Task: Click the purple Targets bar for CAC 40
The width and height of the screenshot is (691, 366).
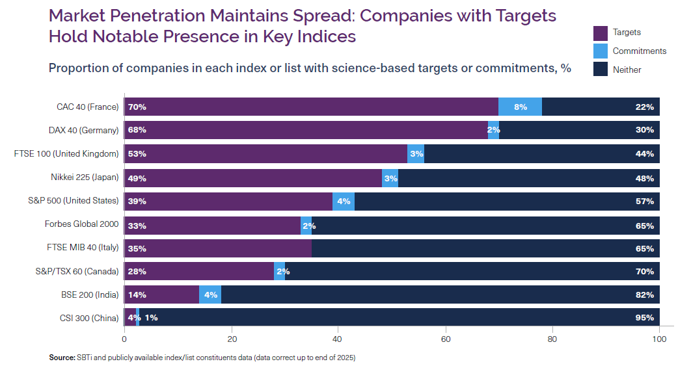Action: click(311, 107)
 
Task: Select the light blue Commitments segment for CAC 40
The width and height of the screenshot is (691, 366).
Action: click(520, 107)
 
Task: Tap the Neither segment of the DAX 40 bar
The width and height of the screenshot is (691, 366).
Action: click(579, 130)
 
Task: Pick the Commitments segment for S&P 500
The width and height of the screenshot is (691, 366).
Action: click(344, 201)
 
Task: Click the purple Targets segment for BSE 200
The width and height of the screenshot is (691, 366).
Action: click(161, 294)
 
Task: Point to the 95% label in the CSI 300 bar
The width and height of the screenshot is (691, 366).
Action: click(644, 318)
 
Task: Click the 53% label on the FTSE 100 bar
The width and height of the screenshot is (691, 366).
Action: click(137, 154)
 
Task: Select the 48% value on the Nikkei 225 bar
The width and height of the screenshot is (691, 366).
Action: click(644, 177)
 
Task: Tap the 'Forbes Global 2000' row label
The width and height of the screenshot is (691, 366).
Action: click(81, 224)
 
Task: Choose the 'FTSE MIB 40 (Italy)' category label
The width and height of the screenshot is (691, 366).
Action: click(83, 248)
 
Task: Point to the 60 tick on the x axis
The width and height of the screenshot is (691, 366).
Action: click(446, 339)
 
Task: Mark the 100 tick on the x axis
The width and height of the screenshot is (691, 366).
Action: click(659, 339)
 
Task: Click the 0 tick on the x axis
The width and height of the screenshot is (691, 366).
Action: click(124, 339)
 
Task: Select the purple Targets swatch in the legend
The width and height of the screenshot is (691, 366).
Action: click(601, 33)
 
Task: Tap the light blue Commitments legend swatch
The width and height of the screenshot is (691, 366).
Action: click(601, 51)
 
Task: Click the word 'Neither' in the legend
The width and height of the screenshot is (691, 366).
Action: click(627, 70)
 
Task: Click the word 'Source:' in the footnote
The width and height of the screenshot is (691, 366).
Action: click(62, 358)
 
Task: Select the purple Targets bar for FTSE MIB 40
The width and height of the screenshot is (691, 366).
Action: click(218, 248)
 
